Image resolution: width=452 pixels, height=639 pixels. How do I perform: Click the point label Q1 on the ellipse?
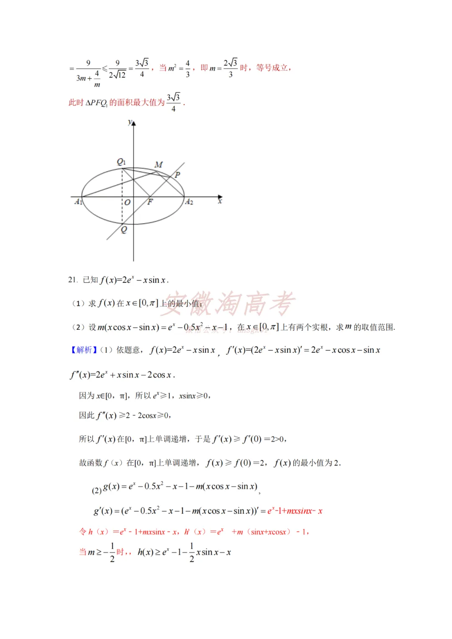coord(121,162)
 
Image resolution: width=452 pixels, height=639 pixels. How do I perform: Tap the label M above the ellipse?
coord(159,164)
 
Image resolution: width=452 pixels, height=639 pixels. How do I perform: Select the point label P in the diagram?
coord(177,175)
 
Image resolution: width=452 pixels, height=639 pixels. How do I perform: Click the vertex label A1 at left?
coord(78,202)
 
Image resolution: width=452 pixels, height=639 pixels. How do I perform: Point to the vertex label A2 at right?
coord(189,202)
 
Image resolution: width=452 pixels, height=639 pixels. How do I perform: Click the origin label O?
coord(127,202)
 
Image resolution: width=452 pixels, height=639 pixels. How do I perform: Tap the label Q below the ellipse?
coord(124,229)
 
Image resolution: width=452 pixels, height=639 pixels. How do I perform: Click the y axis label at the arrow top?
coord(130,122)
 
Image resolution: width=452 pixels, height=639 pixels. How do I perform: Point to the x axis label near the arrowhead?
coord(220,202)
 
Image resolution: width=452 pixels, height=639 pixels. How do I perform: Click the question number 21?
coord(73,280)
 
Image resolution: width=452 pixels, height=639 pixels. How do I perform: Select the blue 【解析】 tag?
coord(84,350)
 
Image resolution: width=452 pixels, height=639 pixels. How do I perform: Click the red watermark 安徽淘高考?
coord(228,303)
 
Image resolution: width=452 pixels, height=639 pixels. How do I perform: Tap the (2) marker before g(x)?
coord(97,490)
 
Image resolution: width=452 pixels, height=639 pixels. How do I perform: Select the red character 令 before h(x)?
coord(83,531)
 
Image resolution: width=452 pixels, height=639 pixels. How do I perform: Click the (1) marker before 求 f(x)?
coord(79,303)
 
